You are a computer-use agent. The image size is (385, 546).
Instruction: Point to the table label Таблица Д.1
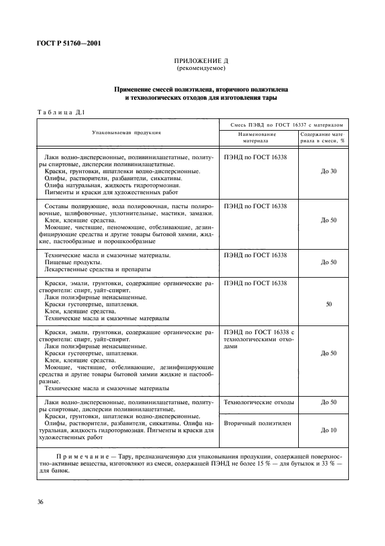tap(61, 113)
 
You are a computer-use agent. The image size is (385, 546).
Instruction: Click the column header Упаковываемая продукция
tap(126, 133)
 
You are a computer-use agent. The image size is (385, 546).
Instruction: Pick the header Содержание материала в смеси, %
tap(322, 137)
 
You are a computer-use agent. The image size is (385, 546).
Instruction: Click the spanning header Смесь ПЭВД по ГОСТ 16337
tap(282, 124)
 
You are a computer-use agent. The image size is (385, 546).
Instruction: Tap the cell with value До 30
tap(329, 171)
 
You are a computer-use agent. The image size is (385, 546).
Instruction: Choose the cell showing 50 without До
tap(329, 304)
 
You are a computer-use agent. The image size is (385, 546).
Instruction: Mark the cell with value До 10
tap(329, 429)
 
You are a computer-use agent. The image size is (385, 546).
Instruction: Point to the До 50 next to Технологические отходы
tap(329, 402)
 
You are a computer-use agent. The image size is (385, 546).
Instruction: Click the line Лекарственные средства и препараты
tap(97, 269)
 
